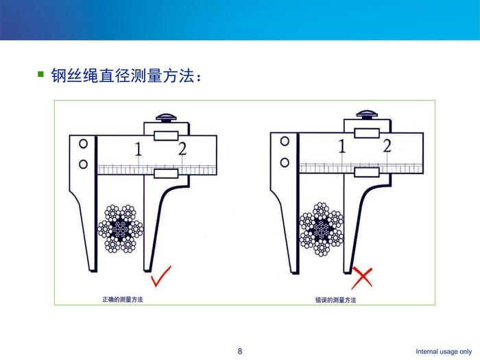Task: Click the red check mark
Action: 160,276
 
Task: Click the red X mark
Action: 362,278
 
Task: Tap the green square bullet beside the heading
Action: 40,74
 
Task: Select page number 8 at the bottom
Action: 240,351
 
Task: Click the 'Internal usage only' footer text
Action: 444,351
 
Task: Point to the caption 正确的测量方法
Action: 123,300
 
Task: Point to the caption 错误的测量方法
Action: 335,300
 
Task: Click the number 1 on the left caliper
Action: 139,149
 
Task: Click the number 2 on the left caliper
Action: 182,149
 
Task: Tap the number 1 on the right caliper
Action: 342,146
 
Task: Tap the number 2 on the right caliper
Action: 387,145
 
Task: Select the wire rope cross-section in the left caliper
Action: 120,228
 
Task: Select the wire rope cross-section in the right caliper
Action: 322,229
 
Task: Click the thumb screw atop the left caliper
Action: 166,117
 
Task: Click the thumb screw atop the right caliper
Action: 367,115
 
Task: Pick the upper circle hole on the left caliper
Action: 83,143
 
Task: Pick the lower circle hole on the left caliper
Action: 83,165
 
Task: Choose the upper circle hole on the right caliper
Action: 285,141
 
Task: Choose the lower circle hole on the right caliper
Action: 285,163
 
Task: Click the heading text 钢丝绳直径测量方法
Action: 123,75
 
